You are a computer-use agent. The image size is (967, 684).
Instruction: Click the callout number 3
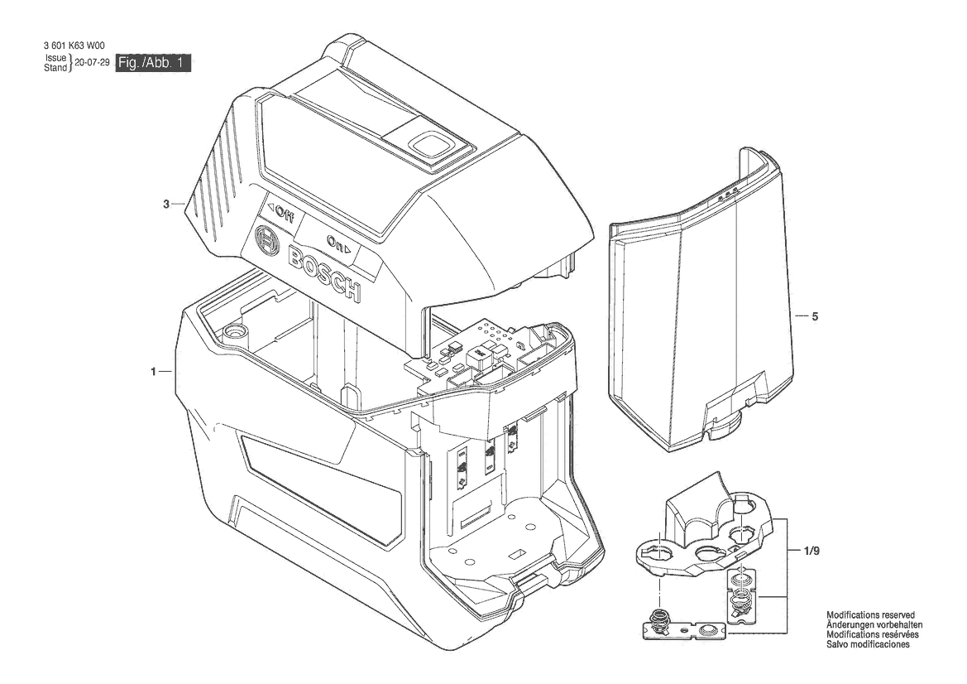pos(166,204)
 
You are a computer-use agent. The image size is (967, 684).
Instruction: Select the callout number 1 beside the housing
pos(153,372)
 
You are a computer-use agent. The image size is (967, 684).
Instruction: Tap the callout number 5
pos(815,316)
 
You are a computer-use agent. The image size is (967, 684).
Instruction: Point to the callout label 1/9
pos(812,552)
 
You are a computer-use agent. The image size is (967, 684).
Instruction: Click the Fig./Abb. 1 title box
pos(154,63)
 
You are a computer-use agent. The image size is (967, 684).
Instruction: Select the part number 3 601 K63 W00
pos(74,46)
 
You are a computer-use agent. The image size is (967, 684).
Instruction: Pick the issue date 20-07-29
pos(92,62)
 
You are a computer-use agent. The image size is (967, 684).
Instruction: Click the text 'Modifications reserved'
pos(870,615)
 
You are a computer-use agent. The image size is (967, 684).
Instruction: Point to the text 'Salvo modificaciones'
pos(868,644)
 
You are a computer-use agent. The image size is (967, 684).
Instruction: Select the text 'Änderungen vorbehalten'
pos(874,624)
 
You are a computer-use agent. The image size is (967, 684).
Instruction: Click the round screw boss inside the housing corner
pos(235,331)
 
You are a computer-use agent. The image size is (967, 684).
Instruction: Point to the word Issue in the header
pos(55,58)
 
